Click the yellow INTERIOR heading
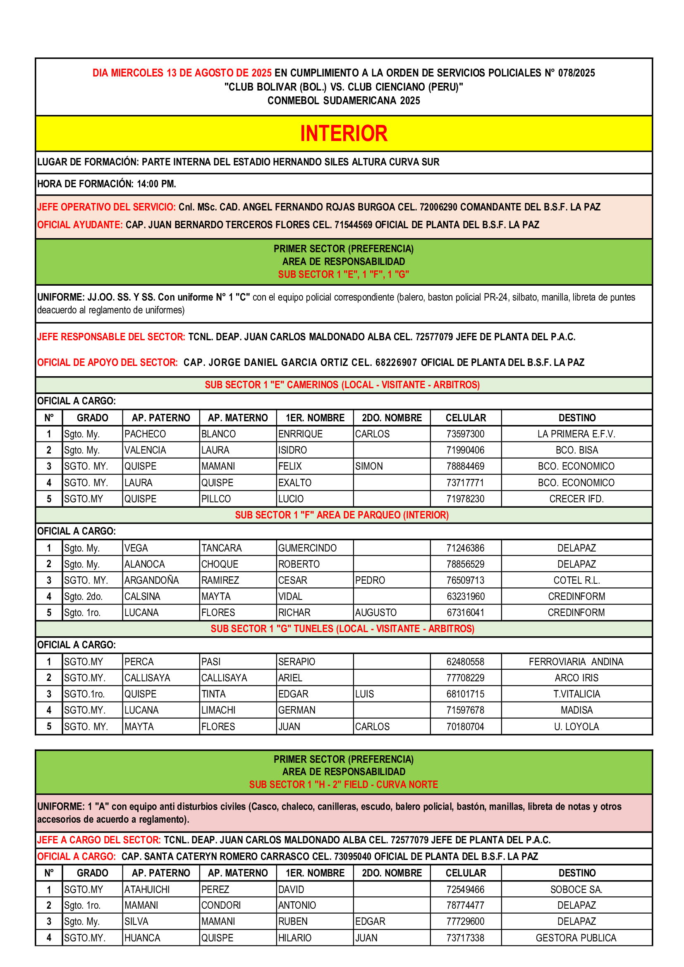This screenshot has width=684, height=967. pyautogui.click(x=344, y=134)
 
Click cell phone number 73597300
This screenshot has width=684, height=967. pyautogui.click(x=465, y=434)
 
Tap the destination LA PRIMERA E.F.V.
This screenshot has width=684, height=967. pyautogui.click(x=576, y=434)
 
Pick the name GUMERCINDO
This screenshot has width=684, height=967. pyautogui.click(x=307, y=548)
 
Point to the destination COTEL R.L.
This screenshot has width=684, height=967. pyautogui.click(x=576, y=580)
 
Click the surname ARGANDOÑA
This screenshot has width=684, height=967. pyautogui.click(x=151, y=580)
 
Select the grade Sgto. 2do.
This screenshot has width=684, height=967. pyautogui.click(x=84, y=597)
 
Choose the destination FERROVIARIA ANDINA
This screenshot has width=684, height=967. pyautogui.click(x=576, y=661)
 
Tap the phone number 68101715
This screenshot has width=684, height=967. pyautogui.click(x=465, y=694)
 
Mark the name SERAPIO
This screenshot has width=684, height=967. pyautogui.click(x=297, y=661)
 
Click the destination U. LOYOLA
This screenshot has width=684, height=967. pyautogui.click(x=576, y=726)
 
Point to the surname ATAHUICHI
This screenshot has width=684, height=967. pyautogui.click(x=147, y=890)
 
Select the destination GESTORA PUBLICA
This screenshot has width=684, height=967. pyautogui.click(x=576, y=938)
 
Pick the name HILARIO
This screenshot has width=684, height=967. pyautogui.click(x=294, y=938)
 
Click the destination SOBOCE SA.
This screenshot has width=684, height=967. pyautogui.click(x=576, y=890)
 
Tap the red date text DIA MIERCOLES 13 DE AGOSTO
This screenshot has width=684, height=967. pyautogui.click(x=182, y=73)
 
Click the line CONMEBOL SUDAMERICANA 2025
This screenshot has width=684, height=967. pyautogui.click(x=344, y=100)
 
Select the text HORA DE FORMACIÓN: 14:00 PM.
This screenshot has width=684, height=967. pyautogui.click(x=107, y=184)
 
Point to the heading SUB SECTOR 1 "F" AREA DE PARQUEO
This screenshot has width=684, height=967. pyautogui.click(x=342, y=515)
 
